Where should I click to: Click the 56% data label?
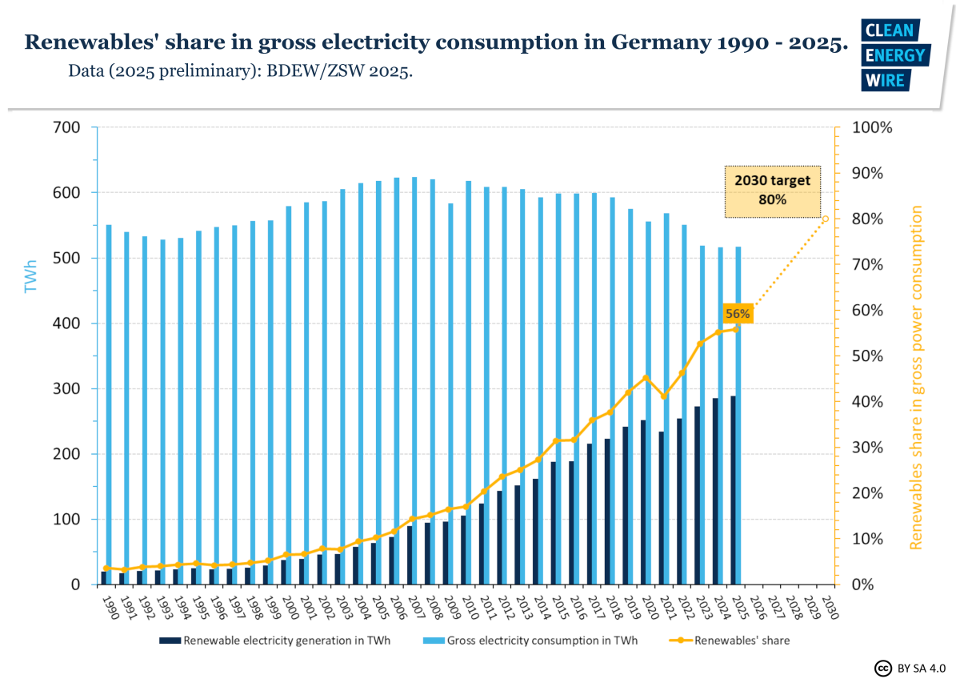(737, 314)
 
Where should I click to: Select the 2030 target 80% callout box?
(773, 191)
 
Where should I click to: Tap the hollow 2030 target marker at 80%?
(826, 219)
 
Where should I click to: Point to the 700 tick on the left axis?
(67, 127)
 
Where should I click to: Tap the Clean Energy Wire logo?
(894, 54)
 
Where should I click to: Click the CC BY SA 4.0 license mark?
(910, 668)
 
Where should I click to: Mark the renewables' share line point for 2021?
(663, 396)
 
